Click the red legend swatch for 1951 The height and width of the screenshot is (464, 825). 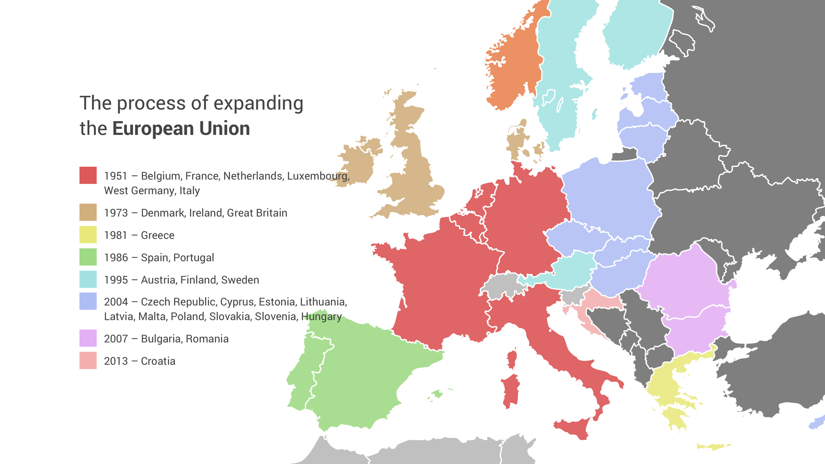88,175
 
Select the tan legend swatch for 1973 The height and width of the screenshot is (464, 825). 88,212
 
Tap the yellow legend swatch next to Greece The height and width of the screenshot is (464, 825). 88,234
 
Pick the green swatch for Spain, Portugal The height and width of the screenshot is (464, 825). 88,257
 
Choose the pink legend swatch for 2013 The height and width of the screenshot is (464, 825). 88,360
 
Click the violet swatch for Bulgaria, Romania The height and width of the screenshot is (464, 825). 88,338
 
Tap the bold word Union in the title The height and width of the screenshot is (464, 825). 225,129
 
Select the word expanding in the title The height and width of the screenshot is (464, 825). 258,104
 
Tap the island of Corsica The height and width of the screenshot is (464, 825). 512,358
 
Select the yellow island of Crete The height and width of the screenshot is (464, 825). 713,446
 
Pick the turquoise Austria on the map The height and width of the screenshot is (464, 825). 572,270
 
